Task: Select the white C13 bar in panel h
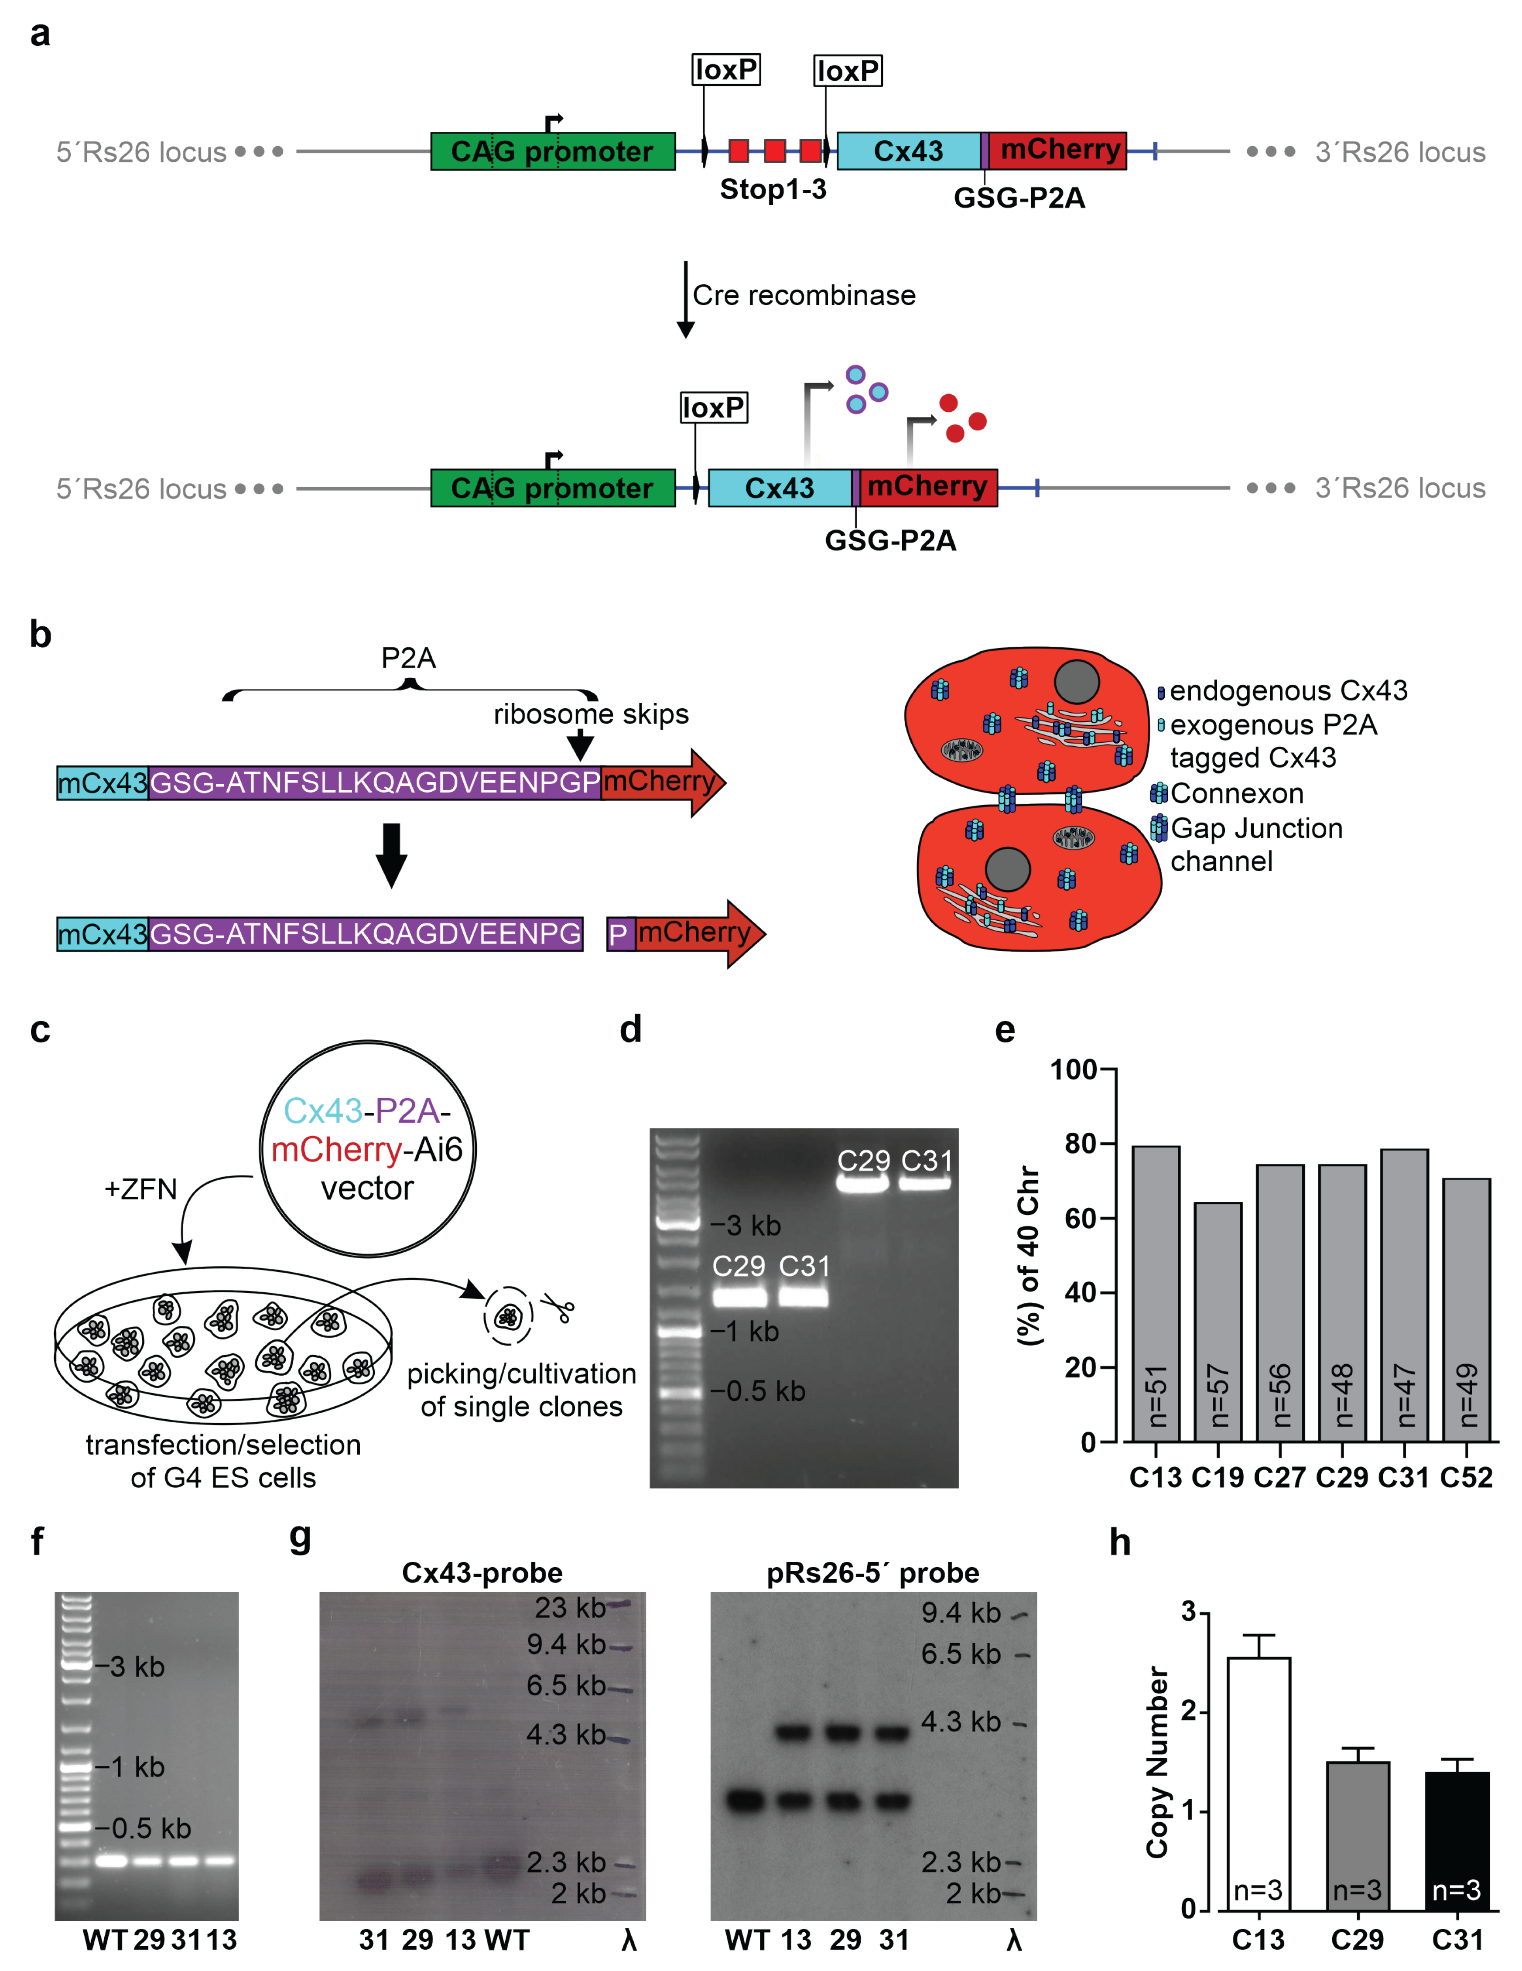tap(1259, 1783)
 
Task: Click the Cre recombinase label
tap(804, 295)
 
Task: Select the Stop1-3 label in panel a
tap(773, 190)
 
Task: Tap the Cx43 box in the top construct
tap(908, 151)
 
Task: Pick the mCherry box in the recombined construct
tap(928, 487)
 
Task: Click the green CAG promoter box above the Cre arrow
tap(552, 151)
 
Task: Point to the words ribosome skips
tap(590, 714)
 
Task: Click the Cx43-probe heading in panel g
tap(482, 1573)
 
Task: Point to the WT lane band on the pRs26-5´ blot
tap(746, 1800)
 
